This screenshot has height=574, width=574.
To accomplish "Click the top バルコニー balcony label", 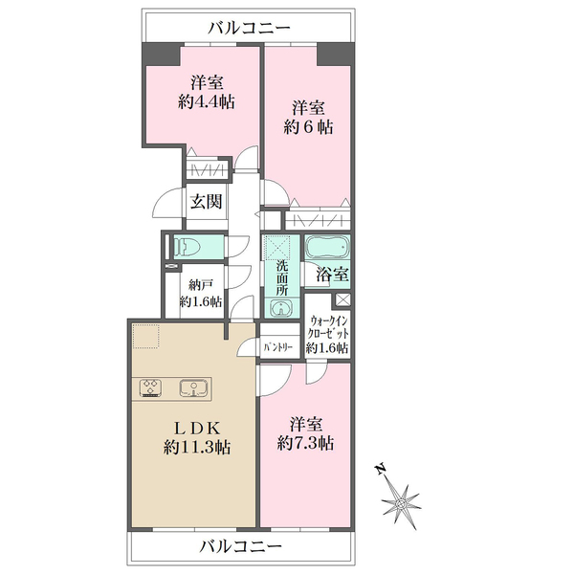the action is (249, 28).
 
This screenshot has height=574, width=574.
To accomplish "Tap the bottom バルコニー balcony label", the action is (240, 547).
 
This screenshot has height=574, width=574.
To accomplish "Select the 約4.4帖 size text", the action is (207, 101).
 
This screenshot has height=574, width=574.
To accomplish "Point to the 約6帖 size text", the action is (308, 127).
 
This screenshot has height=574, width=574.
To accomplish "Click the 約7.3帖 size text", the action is (306, 444).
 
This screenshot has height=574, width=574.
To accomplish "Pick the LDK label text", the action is (196, 428).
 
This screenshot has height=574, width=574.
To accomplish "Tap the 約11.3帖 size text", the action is (197, 447).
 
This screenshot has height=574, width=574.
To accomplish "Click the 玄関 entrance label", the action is (206, 201).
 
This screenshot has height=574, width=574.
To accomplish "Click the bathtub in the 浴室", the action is (327, 247).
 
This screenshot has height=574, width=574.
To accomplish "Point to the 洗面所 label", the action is (281, 277).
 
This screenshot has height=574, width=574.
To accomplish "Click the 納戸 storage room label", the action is (201, 284).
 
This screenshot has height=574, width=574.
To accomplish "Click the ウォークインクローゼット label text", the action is (328, 327).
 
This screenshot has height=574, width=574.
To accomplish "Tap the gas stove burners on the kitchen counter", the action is (150, 387).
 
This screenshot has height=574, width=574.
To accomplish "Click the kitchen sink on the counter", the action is (194, 387).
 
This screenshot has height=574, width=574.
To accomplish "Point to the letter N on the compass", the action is (381, 469).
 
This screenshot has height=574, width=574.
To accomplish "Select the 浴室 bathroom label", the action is (332, 275).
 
